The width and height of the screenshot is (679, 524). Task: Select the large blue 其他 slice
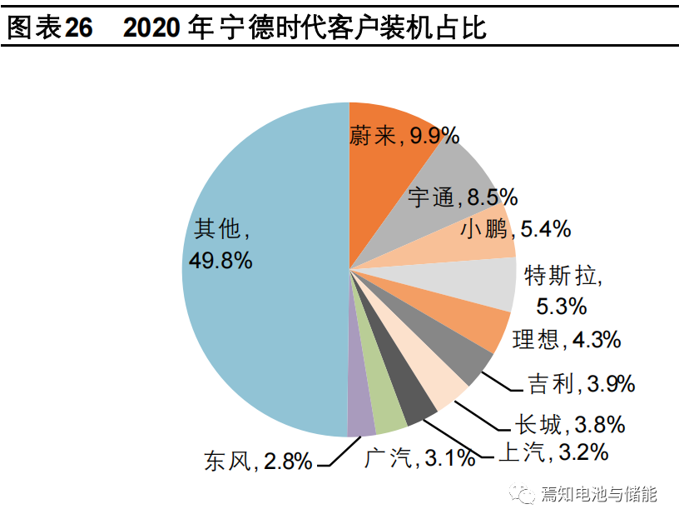click(266, 317)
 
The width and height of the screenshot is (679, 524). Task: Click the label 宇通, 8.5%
click(463, 197)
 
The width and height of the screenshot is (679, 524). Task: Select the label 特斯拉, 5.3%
click(562, 290)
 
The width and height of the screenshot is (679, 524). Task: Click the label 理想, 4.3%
click(566, 339)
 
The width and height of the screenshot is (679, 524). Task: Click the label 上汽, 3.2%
click(553, 452)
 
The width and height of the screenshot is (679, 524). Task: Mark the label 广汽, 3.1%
click(419, 457)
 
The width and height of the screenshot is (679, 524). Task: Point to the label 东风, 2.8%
click(258, 461)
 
